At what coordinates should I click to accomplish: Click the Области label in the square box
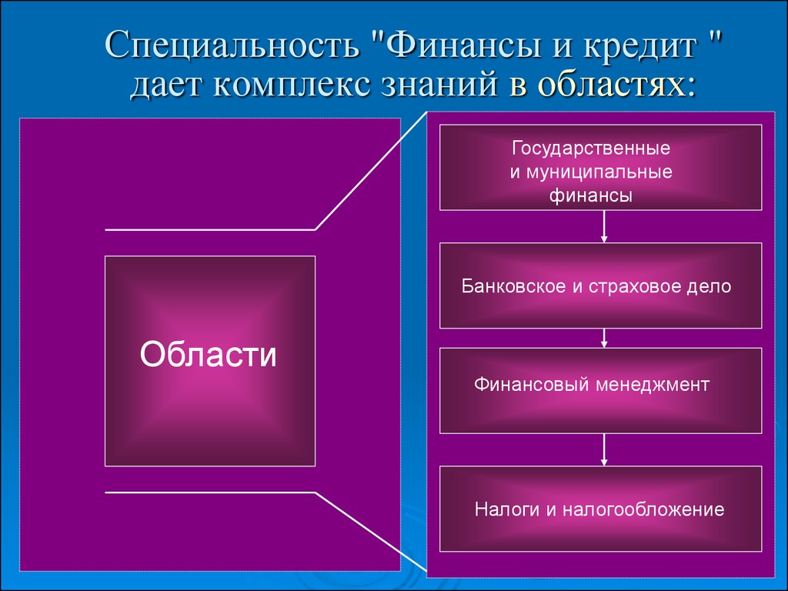(x=208, y=355)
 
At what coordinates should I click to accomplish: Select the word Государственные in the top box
(x=591, y=149)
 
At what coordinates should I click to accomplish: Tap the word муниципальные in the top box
(x=599, y=172)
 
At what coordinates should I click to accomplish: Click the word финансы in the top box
(x=590, y=195)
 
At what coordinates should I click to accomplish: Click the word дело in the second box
(x=712, y=286)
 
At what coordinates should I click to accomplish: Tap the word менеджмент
(x=652, y=386)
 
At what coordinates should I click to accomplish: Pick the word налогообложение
(x=643, y=509)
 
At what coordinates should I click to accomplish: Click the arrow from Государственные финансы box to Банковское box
(x=604, y=227)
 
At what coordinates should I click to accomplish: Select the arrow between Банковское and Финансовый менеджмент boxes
(x=604, y=339)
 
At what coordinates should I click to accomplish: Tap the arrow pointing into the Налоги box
(x=604, y=449)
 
